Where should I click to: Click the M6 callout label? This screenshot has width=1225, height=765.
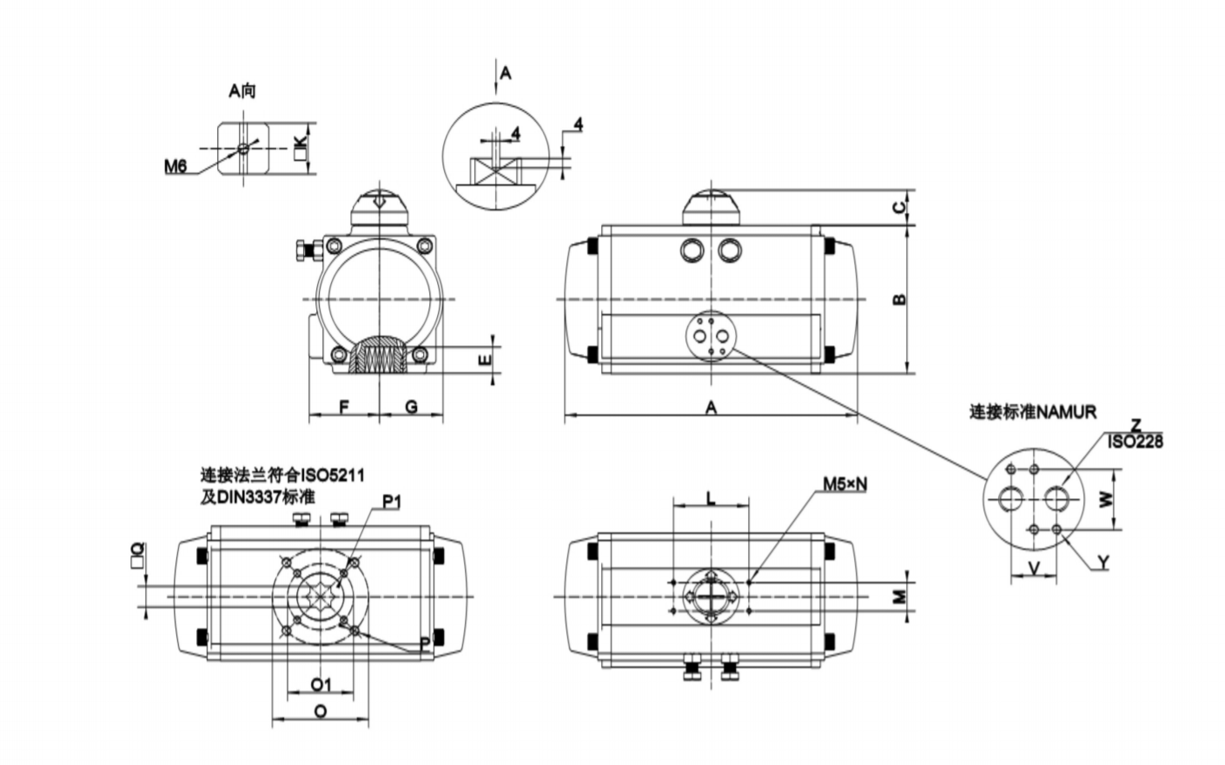176,165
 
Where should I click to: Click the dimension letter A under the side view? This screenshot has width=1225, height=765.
711,407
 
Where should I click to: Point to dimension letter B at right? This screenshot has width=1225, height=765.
901,298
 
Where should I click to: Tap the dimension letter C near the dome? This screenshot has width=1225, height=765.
901,207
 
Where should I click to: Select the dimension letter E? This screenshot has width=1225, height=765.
486,357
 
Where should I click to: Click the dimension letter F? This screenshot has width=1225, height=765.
344,407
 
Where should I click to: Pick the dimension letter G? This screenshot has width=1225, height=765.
412,407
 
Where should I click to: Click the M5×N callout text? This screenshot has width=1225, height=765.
844,484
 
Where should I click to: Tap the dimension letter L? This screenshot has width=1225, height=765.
711,498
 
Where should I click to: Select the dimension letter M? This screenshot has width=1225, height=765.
901,596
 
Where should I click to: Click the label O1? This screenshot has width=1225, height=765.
321,683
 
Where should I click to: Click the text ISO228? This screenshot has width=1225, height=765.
1135,442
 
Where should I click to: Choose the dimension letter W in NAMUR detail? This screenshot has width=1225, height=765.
1106,500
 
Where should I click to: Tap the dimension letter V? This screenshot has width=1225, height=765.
1034,567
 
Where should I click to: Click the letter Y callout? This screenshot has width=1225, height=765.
1102,563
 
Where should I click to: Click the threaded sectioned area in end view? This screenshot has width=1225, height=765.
379,356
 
